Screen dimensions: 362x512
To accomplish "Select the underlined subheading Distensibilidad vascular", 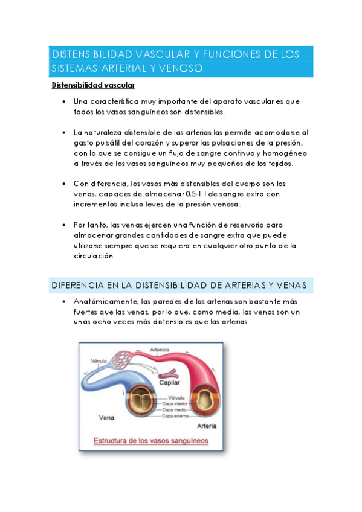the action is click(93, 86).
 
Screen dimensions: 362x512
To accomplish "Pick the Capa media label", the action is click(175, 410).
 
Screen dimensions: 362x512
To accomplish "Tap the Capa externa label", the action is click(176, 416).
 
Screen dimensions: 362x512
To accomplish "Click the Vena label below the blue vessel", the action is click(105, 418).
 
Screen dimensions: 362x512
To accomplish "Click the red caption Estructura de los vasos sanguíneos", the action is click(150, 441).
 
